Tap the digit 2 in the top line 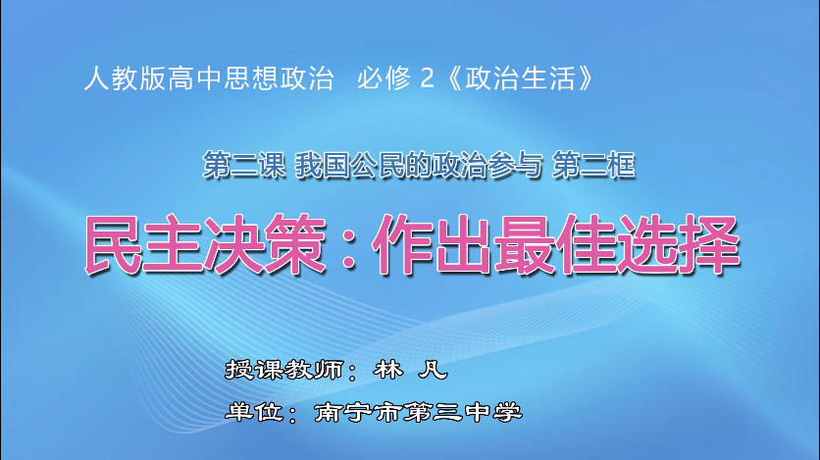(x=426, y=77)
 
